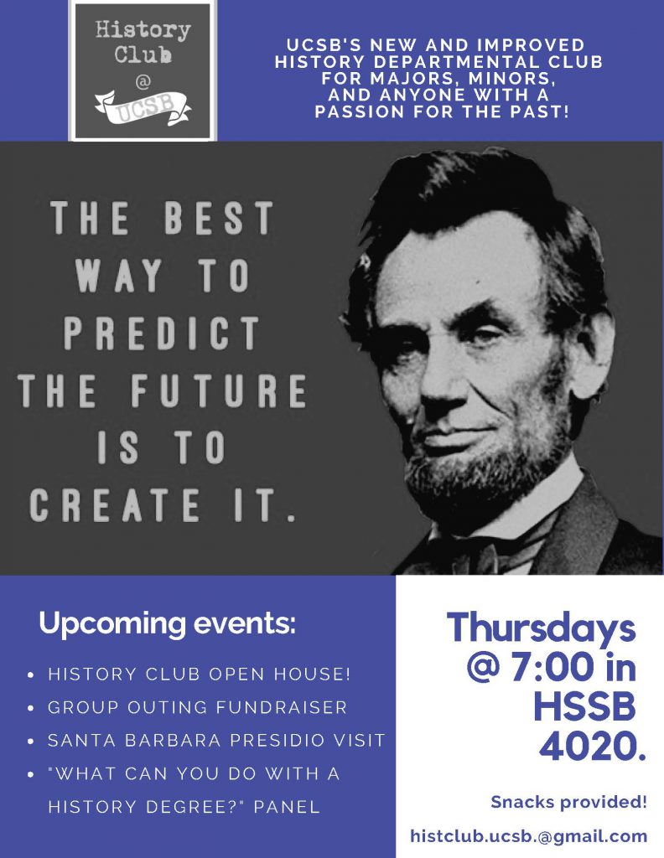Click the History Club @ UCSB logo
(x=143, y=70)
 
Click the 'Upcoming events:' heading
(x=167, y=624)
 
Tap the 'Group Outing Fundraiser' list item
(x=197, y=707)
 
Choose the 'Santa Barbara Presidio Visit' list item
(x=216, y=741)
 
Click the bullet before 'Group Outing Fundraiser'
(x=31, y=708)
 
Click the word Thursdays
(x=541, y=628)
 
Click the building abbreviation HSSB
(x=584, y=708)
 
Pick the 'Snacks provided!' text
(x=568, y=803)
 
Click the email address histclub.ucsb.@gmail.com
(x=528, y=836)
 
